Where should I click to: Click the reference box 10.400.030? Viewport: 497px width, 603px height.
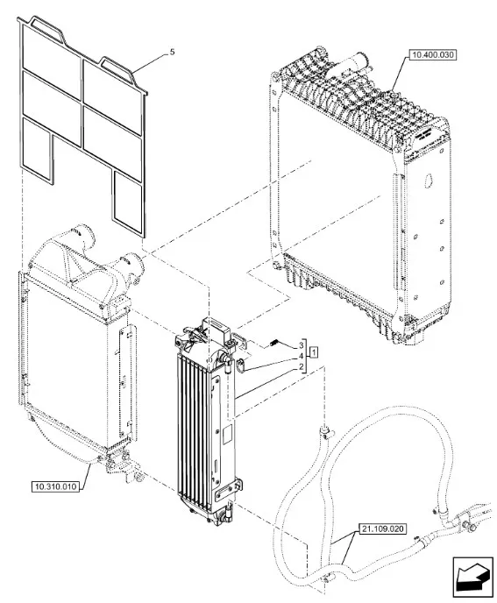pos(432,55)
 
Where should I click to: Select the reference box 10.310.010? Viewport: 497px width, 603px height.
pos(56,486)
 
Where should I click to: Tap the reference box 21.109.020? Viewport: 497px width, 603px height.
pos(383,529)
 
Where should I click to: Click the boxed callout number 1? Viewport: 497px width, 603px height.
pos(315,351)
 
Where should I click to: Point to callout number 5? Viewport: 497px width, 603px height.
pos(172,52)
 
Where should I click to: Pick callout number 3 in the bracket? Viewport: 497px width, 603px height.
pos(302,346)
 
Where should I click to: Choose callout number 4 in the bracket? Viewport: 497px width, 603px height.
pos(302,357)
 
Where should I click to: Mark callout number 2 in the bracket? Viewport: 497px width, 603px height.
pos(302,367)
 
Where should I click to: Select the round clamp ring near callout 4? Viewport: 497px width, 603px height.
pos(241,365)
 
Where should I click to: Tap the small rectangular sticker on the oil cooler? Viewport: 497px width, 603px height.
pos(227,433)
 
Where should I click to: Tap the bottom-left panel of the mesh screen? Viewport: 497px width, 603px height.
pos(38,150)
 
